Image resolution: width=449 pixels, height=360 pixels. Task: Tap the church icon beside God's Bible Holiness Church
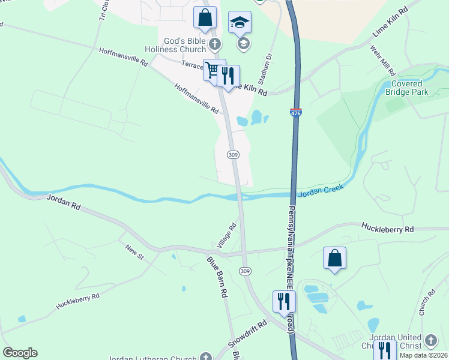pyautogui.click(x=216, y=44)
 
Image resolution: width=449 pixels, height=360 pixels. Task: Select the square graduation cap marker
pyautogui.click(x=240, y=23)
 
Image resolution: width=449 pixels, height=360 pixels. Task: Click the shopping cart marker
pyautogui.click(x=212, y=70)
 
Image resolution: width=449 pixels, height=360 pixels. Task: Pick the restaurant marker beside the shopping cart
pyautogui.click(x=228, y=76)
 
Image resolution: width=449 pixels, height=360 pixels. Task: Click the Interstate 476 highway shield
pyautogui.click(x=295, y=112)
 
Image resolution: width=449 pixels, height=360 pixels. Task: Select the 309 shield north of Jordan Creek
pyautogui.click(x=234, y=154)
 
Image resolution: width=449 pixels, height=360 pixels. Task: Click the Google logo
pyautogui.click(x=20, y=353)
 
